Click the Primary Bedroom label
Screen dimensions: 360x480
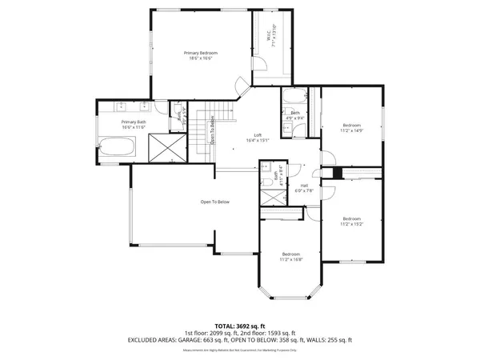pyautogui.click(x=201, y=55)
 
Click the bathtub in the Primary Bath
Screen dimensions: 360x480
pyautogui.click(x=118, y=147)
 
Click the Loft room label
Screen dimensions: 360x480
pyautogui.click(x=257, y=136)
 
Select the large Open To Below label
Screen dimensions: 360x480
pyautogui.click(x=215, y=202)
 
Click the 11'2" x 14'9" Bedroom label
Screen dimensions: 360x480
pyautogui.click(x=352, y=127)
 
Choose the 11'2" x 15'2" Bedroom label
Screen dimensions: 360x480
pyautogui.click(x=352, y=221)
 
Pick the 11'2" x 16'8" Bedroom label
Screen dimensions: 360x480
pyautogui.click(x=290, y=256)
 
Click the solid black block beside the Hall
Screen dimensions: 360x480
pyautogui.click(x=337, y=174)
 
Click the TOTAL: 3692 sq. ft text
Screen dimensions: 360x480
pyautogui.click(x=239, y=326)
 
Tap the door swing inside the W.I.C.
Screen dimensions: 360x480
pyautogui.click(x=243, y=82)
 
